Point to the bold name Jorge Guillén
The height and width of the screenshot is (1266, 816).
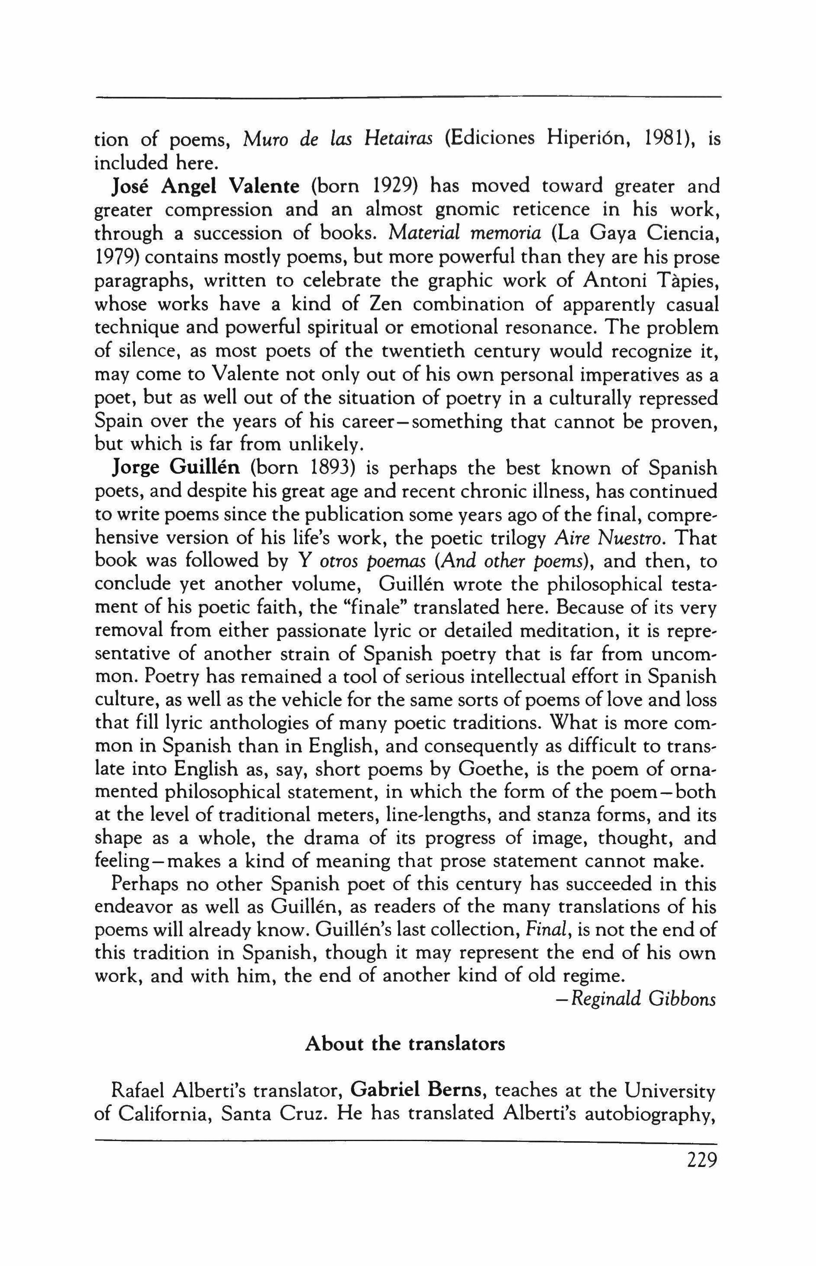click(x=176, y=469)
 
